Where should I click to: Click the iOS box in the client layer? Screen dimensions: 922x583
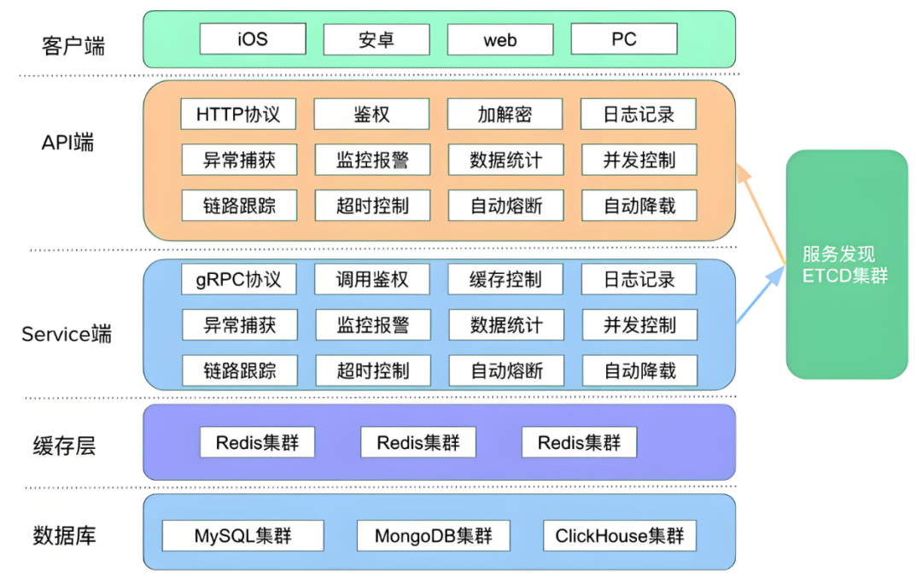[253, 38]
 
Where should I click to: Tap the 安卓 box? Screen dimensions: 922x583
[376, 39]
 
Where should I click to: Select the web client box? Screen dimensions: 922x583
[500, 39]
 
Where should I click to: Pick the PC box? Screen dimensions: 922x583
[624, 38]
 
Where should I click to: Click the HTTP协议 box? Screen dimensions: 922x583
[238, 114]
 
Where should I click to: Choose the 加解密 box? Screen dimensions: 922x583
[505, 114]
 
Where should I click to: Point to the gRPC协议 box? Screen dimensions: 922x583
[239, 279]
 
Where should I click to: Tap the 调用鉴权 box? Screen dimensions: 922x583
[372, 279]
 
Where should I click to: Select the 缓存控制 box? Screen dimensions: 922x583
[505, 279]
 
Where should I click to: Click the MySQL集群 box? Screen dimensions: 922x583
[242, 535]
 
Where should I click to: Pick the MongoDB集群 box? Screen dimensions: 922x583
[434, 535]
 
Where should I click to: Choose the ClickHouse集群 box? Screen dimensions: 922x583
[620, 535]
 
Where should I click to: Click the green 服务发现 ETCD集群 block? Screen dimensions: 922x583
[848, 265]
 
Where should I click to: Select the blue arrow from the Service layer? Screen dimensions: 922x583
[761, 294]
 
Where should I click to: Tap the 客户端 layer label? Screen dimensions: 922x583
[73, 45]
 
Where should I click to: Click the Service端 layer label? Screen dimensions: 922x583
[67, 334]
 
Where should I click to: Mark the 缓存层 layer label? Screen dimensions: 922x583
[64, 446]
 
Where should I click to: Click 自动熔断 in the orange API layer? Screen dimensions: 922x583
[506, 206]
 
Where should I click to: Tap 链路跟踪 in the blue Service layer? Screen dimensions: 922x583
[240, 370]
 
